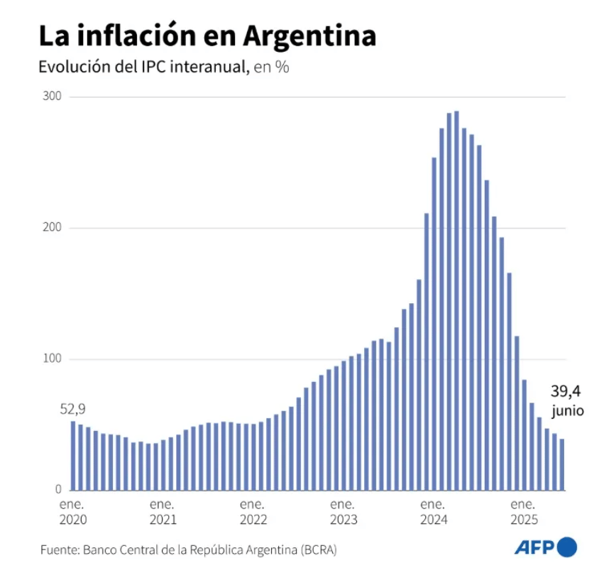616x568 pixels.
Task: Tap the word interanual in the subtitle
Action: (207, 68)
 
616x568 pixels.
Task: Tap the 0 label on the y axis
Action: (60, 490)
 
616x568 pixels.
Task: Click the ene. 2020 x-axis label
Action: (72, 512)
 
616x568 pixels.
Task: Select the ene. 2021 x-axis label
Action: (163, 512)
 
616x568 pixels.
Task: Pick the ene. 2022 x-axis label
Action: (253, 512)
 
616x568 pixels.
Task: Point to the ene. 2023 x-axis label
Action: (343, 512)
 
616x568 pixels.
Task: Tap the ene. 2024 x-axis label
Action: (434, 512)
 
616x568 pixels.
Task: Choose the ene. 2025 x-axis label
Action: (524, 512)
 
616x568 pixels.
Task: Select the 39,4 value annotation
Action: (566, 391)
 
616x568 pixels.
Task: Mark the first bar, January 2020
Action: (72, 455)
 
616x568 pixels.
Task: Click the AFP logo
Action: (545, 547)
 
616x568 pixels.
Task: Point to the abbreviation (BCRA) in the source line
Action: (319, 550)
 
